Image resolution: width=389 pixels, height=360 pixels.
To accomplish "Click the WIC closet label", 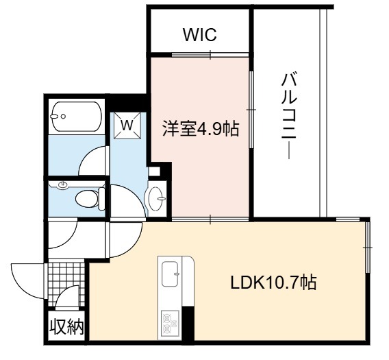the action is pos(200,35).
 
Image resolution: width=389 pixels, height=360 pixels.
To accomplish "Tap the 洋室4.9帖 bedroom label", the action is pos(201,128).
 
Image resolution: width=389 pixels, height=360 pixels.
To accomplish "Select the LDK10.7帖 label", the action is pos(274,283).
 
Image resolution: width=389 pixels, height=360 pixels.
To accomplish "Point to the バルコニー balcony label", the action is pos(289,115).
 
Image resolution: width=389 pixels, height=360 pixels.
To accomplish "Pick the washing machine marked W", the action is pos(127,125).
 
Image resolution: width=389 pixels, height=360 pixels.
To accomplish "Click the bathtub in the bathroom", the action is pos(77,117).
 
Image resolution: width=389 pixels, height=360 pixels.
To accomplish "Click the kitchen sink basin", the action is pos(170,274).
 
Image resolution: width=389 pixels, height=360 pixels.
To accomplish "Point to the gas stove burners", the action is pos(170,322).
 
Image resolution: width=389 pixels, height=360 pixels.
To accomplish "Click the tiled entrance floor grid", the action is pos(66,283).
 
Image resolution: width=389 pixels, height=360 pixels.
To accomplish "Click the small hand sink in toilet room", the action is pos(62,185).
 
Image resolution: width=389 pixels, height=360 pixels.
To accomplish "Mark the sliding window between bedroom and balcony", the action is pos(251,110).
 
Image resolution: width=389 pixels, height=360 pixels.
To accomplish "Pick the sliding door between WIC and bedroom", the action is pos(210,55).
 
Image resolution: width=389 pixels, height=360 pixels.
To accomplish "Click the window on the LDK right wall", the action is pos(368,248).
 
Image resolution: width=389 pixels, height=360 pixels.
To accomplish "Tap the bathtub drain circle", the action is pos(63,117).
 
